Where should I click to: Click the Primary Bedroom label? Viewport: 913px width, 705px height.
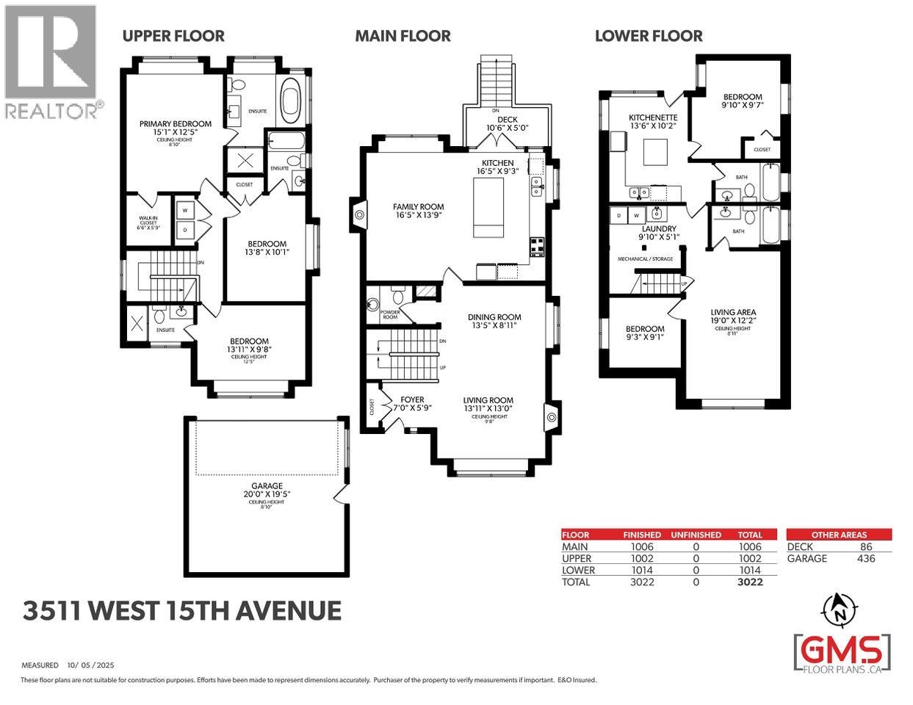pos(176,123)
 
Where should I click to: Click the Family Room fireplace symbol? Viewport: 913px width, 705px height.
pos(360,215)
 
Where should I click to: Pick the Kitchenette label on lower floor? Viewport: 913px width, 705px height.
pos(652,117)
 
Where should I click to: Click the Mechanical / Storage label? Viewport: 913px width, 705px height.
pos(645,258)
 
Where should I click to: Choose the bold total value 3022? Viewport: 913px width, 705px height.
pos(750,582)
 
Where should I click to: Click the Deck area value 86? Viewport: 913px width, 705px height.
pos(865,546)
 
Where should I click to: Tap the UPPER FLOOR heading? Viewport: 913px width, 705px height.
pos(173,35)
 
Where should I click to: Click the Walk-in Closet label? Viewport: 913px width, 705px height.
pos(148,222)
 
